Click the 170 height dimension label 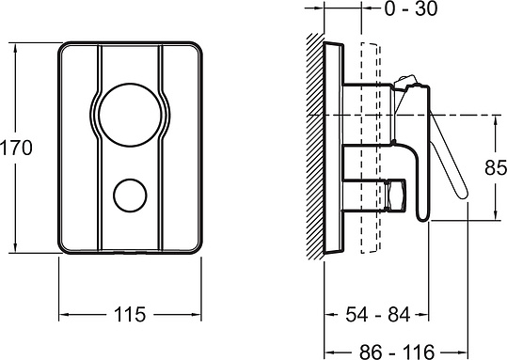coord(16,148)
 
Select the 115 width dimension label coord(130,314)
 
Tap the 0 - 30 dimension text coord(411,8)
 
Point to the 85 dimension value coord(496,167)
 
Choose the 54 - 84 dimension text coord(378,314)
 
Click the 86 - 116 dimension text coord(396,352)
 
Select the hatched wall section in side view coord(315,146)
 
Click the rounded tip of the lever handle coord(463,194)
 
